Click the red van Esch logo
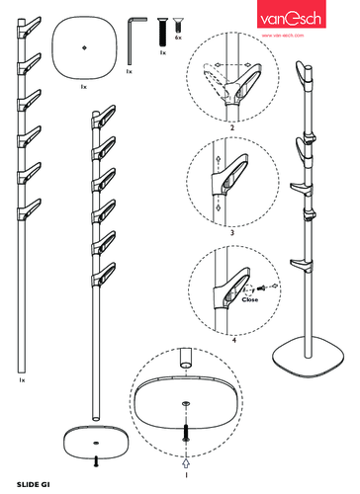292,14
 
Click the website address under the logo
283,36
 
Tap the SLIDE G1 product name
34,484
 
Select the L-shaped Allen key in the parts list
135,41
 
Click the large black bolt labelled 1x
162,32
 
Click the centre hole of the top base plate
84,47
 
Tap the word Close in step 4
249,299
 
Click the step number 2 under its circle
232,127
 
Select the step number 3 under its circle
232,233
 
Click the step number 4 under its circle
234,340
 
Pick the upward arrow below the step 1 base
186,463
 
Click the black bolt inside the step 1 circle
186,433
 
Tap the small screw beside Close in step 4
261,288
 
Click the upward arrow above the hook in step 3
218,160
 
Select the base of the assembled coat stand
308,361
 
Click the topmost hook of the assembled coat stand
303,74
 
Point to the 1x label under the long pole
22,380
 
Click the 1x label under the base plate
84,87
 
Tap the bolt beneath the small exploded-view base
96,461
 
